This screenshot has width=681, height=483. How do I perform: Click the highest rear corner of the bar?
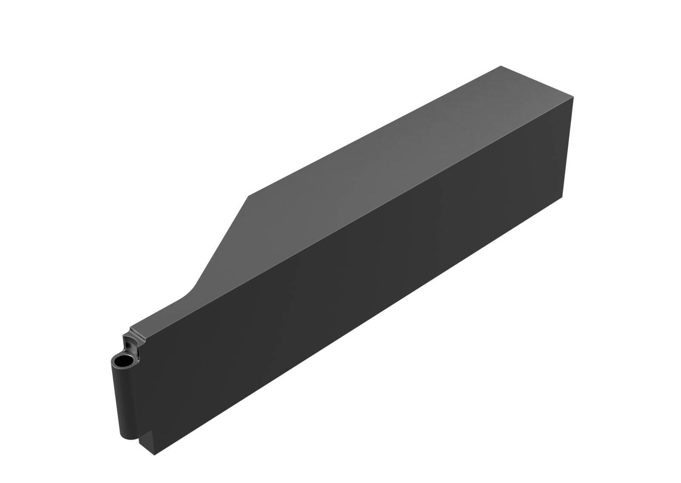501,66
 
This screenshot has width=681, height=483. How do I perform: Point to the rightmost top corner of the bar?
574,97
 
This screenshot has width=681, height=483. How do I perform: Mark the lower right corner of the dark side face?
563,197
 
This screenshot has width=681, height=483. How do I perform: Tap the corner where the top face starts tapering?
249,196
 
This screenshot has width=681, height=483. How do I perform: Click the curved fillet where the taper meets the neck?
191,291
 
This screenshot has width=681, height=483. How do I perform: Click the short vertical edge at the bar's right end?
569,147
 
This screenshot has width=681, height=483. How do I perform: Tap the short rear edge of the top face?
537,82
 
